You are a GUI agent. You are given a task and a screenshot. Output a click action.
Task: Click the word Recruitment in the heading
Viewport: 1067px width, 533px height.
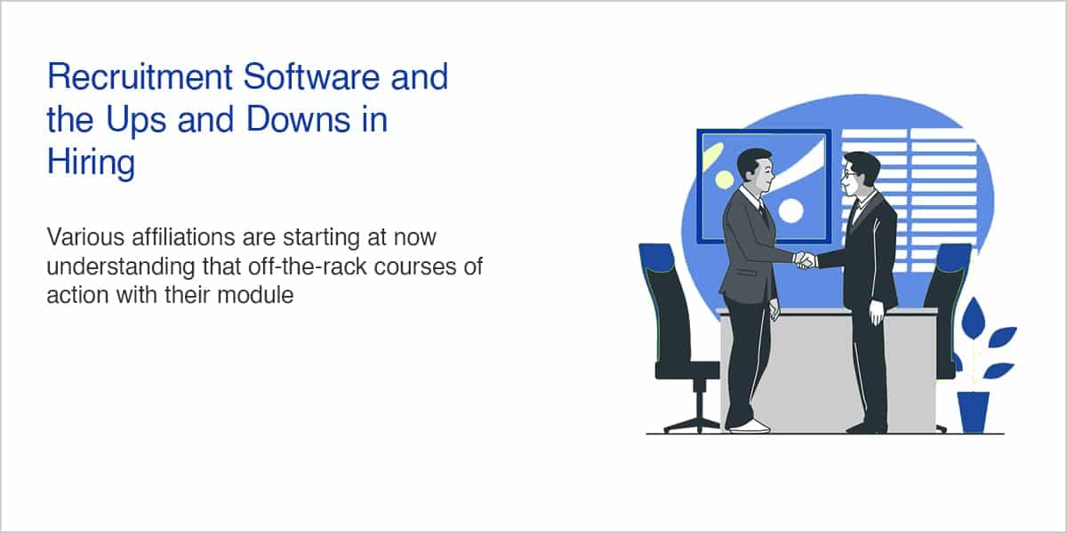click(x=140, y=76)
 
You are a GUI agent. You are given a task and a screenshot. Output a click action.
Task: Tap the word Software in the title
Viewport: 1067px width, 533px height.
click(x=311, y=76)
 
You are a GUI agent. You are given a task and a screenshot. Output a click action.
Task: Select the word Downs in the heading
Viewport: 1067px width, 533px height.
click(x=298, y=119)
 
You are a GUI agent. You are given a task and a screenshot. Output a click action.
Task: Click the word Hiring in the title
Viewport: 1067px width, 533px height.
click(x=91, y=163)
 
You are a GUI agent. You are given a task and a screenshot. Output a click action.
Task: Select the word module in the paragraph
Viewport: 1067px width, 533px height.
click(x=255, y=295)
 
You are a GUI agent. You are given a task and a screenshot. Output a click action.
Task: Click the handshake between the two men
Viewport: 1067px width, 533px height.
click(x=805, y=260)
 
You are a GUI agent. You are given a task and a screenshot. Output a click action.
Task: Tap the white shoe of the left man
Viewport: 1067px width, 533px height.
click(x=750, y=426)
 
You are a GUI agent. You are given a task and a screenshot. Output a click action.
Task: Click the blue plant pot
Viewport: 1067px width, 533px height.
click(x=974, y=412)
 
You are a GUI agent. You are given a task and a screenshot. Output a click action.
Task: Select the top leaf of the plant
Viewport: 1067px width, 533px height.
click(x=973, y=318)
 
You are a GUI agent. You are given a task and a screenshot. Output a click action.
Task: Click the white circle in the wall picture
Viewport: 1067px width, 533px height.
click(x=790, y=211)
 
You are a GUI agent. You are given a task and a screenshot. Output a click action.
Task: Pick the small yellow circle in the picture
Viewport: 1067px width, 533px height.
click(x=724, y=179)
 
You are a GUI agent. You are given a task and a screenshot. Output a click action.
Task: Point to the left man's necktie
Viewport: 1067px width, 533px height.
click(x=763, y=214)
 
